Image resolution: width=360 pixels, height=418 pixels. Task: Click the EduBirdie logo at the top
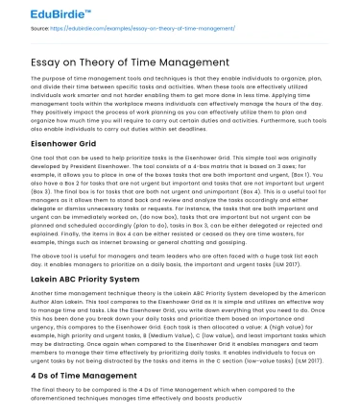[x=36, y=13]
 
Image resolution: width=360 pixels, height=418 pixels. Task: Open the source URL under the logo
[x=124, y=30]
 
